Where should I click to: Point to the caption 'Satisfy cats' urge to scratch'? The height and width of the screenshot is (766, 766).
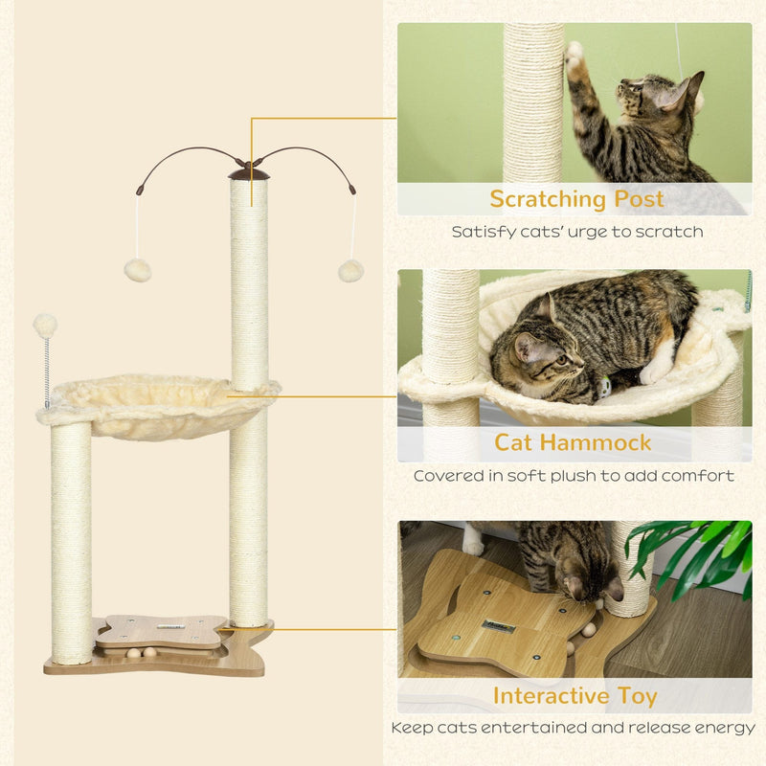[576, 232]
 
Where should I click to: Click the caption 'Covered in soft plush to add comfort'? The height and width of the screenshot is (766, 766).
[574, 476]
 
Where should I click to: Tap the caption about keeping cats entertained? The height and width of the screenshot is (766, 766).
[574, 728]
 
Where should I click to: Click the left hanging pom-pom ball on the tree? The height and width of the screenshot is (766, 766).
[137, 270]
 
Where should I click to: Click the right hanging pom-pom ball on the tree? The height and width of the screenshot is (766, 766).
[350, 270]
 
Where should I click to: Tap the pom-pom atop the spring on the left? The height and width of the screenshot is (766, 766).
[45, 326]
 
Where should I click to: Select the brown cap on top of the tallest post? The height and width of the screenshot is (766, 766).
[249, 172]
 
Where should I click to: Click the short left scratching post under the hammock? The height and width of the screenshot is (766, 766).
[72, 541]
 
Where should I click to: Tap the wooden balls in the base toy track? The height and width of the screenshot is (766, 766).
[144, 652]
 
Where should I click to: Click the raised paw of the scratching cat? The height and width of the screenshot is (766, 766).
[574, 60]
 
